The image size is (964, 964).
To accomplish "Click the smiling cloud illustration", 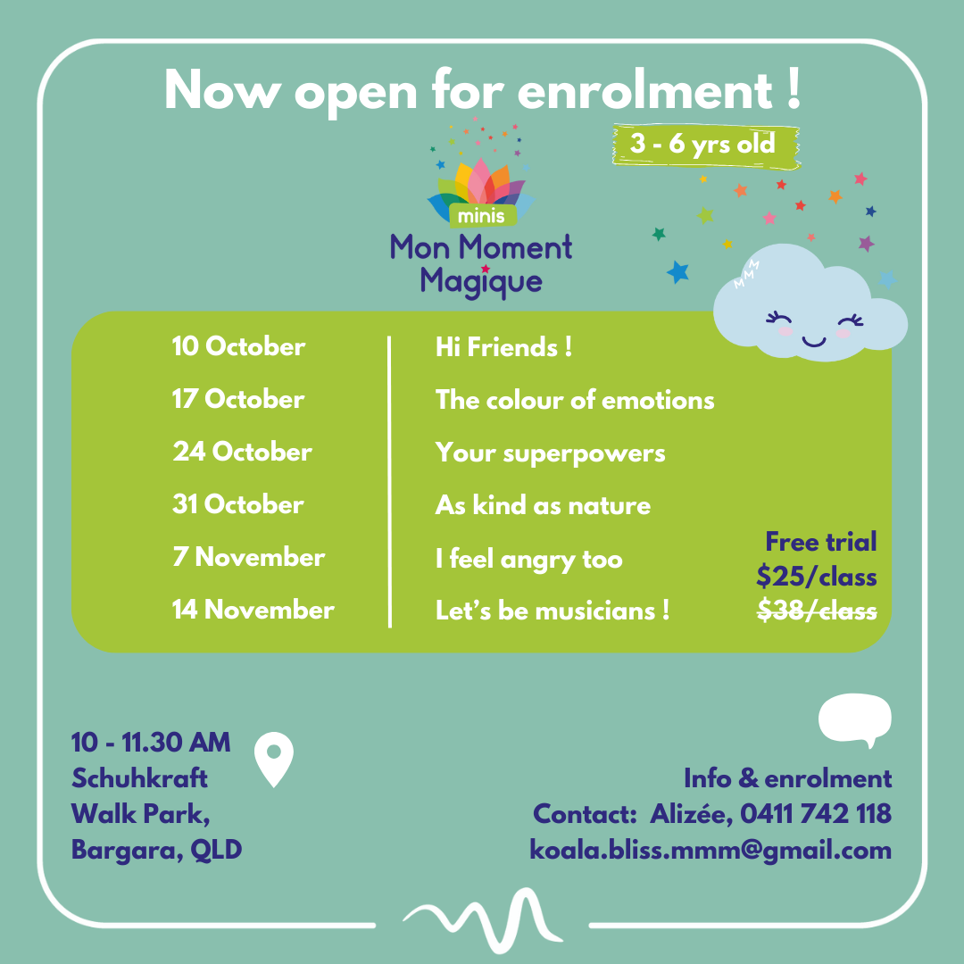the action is tap(810, 303).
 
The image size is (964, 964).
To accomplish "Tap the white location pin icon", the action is tap(274, 759).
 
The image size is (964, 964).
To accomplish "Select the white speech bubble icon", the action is tap(854, 719).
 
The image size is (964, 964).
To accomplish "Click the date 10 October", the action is tap(238, 346).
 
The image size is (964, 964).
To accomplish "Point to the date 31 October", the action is tap(238, 504).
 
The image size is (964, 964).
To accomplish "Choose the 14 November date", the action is tap(253, 610).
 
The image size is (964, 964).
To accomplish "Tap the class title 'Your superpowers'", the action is tap(550, 454).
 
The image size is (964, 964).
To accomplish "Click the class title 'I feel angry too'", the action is tap(528, 560).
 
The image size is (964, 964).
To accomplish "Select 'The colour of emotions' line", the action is tap(575, 400).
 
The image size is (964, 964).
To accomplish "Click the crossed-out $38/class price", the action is tap(817, 611).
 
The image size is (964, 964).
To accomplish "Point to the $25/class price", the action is tap(817, 577).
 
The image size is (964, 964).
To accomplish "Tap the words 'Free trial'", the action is tap(821, 543).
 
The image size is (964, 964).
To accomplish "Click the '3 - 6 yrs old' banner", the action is tap(706, 145).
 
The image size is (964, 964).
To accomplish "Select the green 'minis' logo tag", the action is tap(481, 216).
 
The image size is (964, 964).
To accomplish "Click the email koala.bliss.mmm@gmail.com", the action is tap(711, 851).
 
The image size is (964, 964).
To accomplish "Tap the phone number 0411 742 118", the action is tap(816, 814).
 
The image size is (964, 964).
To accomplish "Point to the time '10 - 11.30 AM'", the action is tap(151, 742).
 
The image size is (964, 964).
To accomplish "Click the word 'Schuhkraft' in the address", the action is tap(139, 778).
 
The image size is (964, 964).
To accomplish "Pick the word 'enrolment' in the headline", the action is tap(645, 91).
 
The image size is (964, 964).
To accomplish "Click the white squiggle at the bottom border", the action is tap(483, 919).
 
